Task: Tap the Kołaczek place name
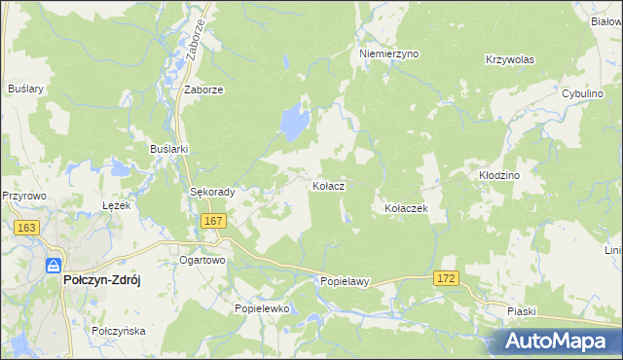pos(406,208)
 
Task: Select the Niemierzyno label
pos(388,54)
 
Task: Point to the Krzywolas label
pos(510,59)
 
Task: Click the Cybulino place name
pos(584,92)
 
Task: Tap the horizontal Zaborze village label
pos(204,90)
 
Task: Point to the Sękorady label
pos(212,193)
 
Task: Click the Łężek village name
pos(116,205)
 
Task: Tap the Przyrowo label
pos(24,195)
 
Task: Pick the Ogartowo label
pos(202,261)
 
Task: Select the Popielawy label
pos(346,282)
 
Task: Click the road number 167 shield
pos(214,222)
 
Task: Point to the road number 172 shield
pos(446,279)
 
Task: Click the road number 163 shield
pos(26,228)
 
